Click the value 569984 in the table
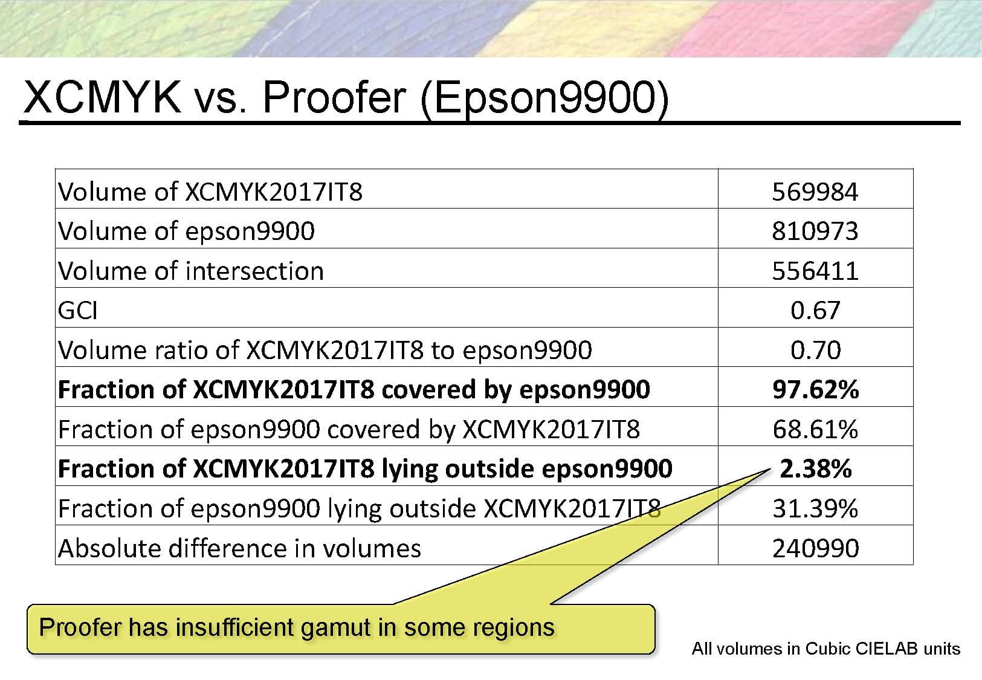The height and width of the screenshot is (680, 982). pos(815,192)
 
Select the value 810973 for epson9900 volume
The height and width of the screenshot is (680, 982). pos(815,231)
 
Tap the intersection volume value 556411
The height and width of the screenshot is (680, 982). pos(815,271)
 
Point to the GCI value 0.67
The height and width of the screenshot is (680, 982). pos(815,311)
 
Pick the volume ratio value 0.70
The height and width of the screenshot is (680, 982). pos(815,350)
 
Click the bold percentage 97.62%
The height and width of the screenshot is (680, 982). pos(815,389)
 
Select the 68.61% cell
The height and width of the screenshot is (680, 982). pos(815,429)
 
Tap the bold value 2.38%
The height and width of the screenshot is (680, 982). pos(815,468)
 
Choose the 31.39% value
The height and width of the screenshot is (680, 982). pos(815,508)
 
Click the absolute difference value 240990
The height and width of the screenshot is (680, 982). pos(815,548)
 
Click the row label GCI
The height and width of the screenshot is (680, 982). pos(77,311)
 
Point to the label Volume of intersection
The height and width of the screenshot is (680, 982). pos(191,271)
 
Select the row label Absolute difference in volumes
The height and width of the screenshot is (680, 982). pos(239,548)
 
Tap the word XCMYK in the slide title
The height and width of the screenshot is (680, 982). pos(102,97)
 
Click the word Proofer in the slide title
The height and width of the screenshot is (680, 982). pos(334,97)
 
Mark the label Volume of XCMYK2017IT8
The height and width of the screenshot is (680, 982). pos(210,192)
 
